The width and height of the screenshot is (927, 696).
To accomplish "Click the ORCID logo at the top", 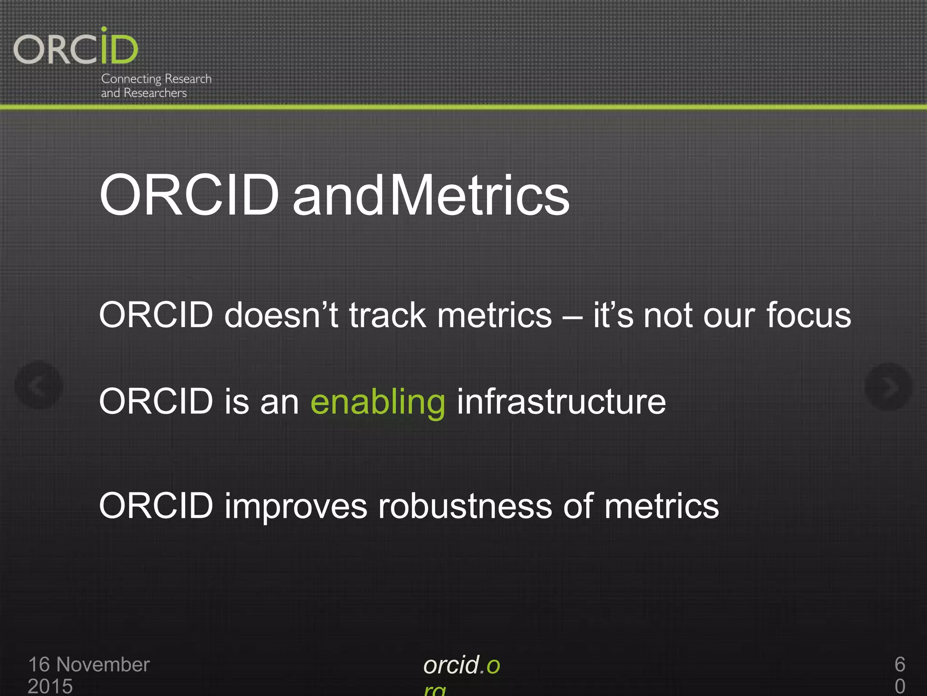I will click(x=76, y=47).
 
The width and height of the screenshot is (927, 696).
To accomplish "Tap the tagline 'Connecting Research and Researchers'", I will click(x=156, y=86).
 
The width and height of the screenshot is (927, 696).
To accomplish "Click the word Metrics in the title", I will click(x=479, y=196).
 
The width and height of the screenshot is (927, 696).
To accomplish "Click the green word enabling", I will click(x=378, y=402).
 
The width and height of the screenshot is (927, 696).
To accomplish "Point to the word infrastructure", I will click(x=561, y=402).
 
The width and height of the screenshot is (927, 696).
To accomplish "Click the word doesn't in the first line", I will click(x=281, y=315).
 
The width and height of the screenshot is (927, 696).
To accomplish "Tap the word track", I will click(x=387, y=315).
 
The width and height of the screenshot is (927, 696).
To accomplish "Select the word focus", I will click(x=808, y=315).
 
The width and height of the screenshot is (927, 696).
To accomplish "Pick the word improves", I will click(x=296, y=507).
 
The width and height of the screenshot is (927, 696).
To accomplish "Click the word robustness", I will click(x=465, y=507).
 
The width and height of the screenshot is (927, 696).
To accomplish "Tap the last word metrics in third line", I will click(x=661, y=507).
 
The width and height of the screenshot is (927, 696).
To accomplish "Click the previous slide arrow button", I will click(x=38, y=385).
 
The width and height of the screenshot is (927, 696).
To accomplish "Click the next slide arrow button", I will click(x=888, y=387).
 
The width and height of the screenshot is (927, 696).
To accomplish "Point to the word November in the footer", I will click(x=103, y=665).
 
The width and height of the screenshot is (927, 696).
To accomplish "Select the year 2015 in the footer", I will click(x=50, y=686).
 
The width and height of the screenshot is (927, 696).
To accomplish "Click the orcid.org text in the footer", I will click(x=461, y=666).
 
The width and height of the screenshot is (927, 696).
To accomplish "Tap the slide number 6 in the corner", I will click(x=899, y=665).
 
